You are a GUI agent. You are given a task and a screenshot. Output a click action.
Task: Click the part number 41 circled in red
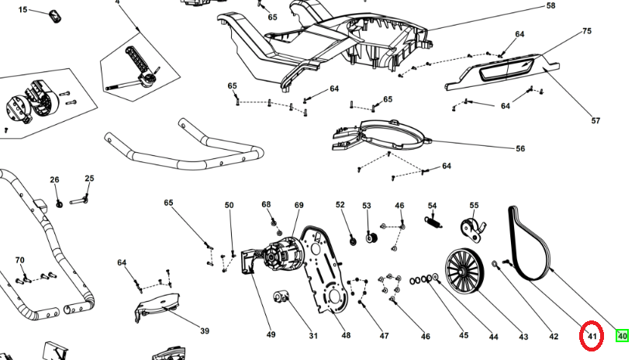point(592,337)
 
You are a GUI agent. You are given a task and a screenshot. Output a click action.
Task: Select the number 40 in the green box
point(622,336)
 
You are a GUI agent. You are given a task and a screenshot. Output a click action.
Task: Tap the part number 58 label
point(551,6)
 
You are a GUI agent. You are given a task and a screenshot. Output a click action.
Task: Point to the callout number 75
point(587,31)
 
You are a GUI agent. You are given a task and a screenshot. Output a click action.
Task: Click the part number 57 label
point(596,120)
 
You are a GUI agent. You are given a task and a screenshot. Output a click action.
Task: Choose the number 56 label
point(520,148)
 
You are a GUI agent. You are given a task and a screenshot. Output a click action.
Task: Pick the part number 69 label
point(299,205)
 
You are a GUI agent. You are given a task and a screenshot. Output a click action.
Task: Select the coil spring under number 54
point(435,221)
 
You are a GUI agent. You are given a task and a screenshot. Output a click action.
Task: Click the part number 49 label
point(271,335)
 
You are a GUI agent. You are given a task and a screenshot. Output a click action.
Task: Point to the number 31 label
point(313,336)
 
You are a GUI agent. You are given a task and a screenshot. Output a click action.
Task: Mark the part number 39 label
point(204,331)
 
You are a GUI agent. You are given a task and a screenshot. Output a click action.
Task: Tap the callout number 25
point(89,179)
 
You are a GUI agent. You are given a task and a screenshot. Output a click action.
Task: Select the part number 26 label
point(54,180)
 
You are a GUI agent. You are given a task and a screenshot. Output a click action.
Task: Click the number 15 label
point(22,9)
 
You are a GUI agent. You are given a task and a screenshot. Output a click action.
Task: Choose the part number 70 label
point(20,260)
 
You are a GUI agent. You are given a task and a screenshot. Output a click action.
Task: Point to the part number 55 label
point(474,205)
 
